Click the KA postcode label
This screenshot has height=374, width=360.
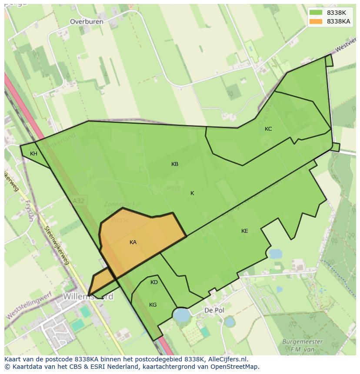(x=133, y=242)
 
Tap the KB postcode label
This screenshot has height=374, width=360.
(x=175, y=164)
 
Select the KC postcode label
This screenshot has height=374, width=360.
(x=268, y=129)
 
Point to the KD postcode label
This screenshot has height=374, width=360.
(x=154, y=282)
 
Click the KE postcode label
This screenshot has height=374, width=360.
(x=245, y=231)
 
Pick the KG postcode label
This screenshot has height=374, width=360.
(x=153, y=305)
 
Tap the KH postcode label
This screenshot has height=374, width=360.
(x=33, y=154)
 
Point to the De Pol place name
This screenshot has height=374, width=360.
(x=214, y=311)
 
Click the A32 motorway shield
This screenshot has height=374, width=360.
(x=78, y=201)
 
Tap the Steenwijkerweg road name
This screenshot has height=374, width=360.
(x=57, y=245)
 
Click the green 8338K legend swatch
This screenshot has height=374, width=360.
(x=316, y=13)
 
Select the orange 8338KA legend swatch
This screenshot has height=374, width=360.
(x=316, y=21)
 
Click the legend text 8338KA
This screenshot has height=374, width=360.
(x=339, y=21)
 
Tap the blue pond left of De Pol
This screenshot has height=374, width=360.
(x=181, y=314)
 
